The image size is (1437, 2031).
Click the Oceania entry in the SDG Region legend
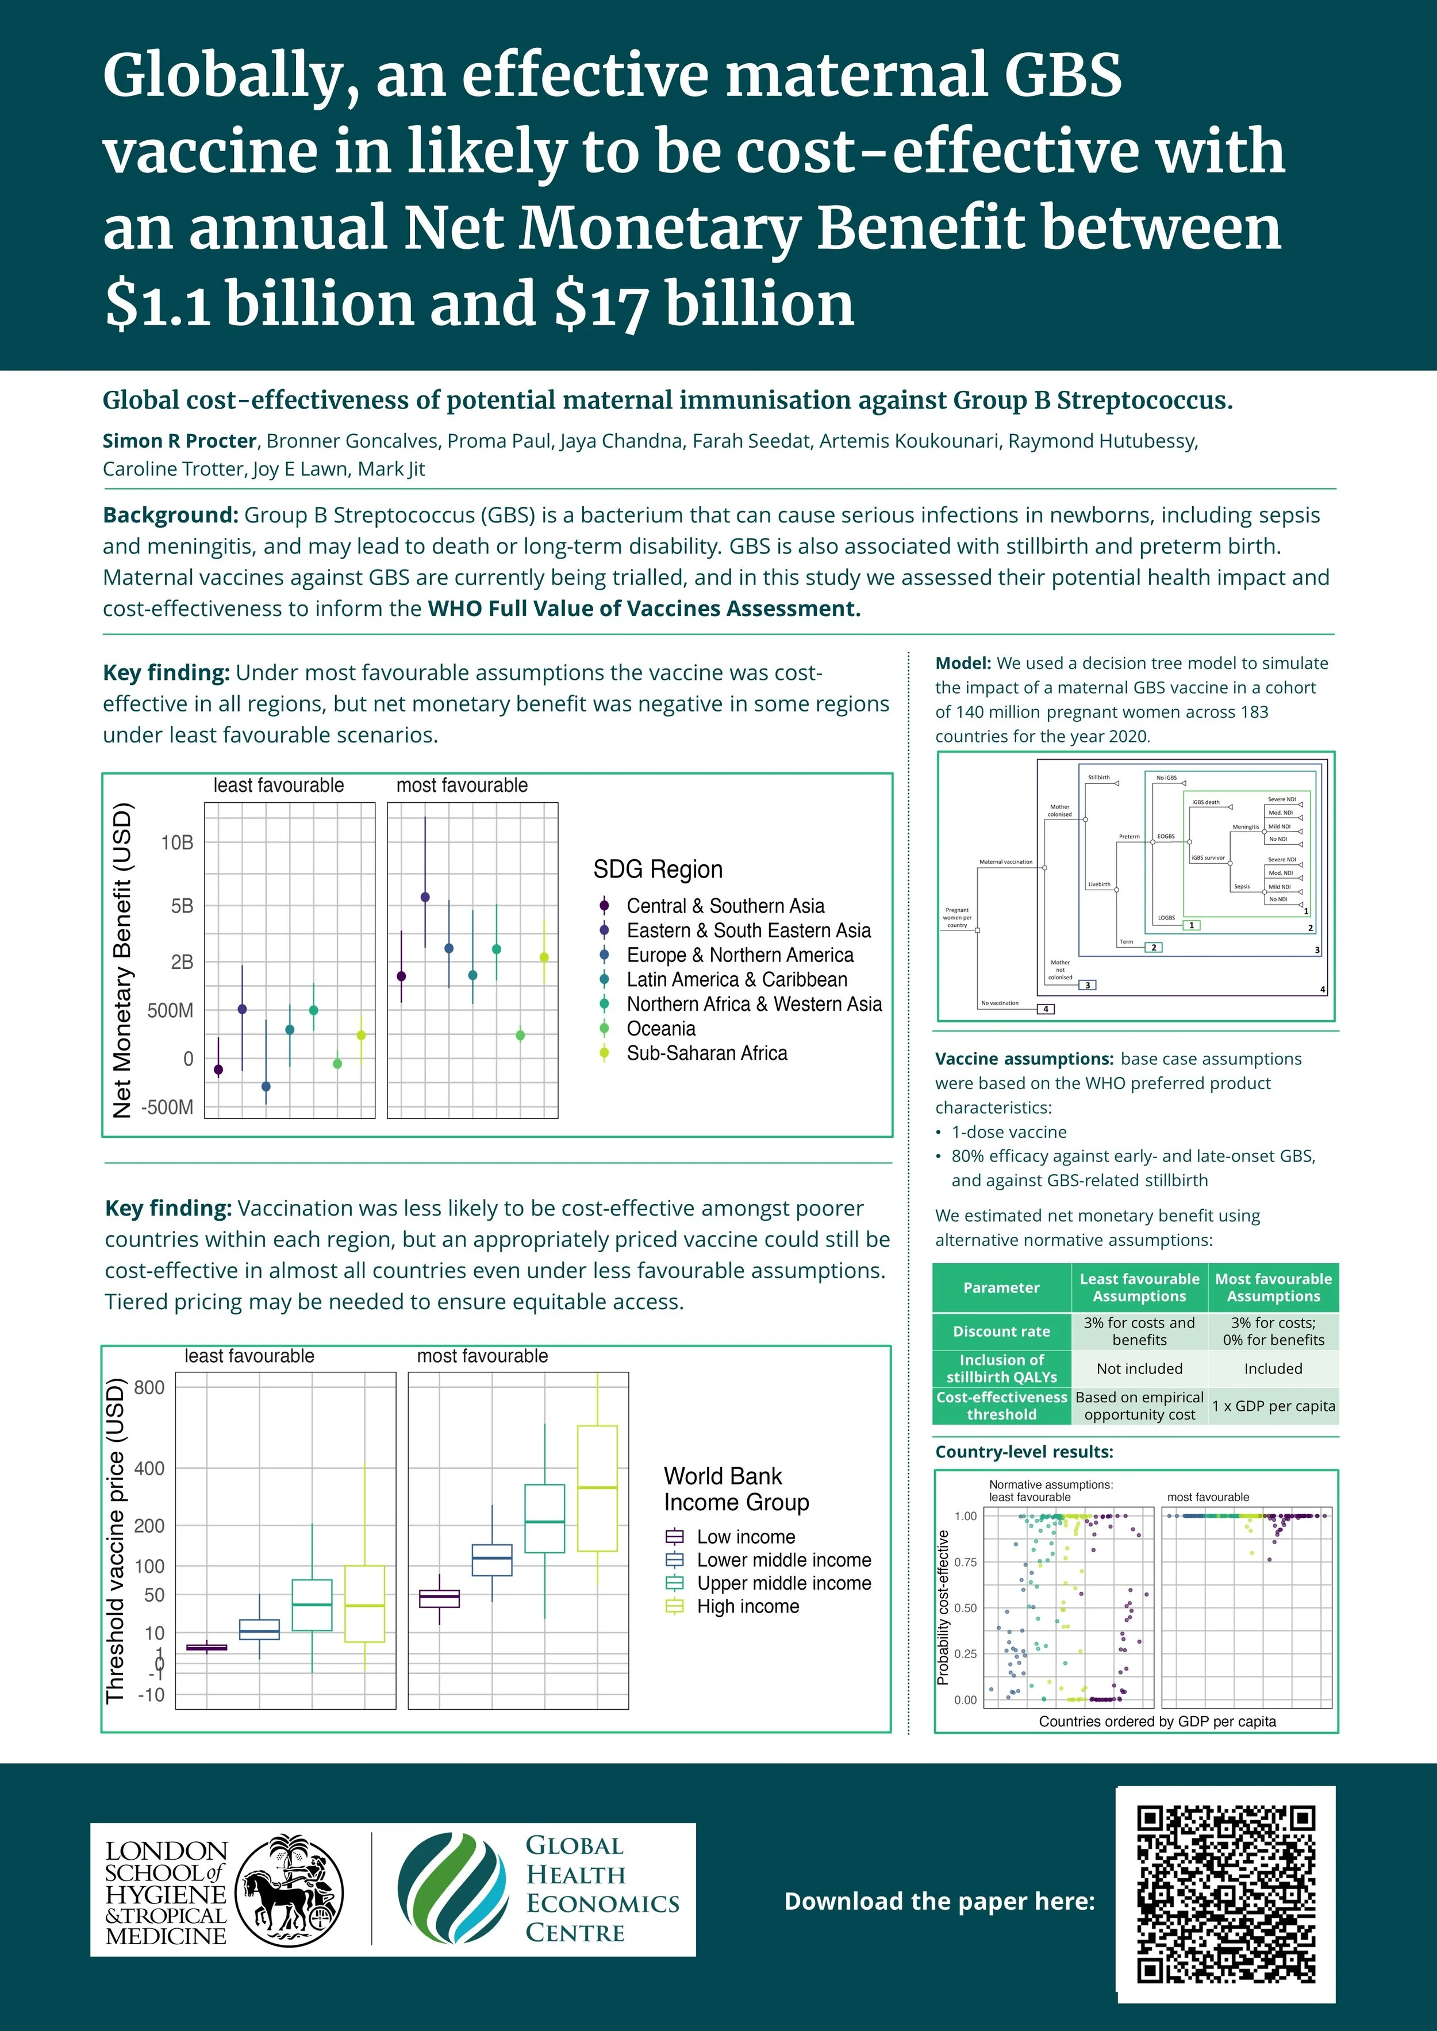click(x=660, y=1029)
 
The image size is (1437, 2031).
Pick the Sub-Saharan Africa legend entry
click(x=706, y=1053)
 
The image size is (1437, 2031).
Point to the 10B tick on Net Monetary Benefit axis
click(x=177, y=843)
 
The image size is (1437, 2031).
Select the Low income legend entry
click(x=745, y=1537)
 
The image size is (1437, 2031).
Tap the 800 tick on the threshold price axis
click(x=149, y=1387)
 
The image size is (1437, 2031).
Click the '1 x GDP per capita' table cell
click(x=1273, y=1406)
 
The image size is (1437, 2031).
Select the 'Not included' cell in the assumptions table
click(x=1139, y=1368)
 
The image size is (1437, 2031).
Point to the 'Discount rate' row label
click(x=1001, y=1331)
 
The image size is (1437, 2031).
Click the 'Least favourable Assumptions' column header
click(x=1139, y=1287)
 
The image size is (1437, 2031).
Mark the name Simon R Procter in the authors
click(x=179, y=441)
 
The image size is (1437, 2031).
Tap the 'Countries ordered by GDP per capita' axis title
click(x=1156, y=1721)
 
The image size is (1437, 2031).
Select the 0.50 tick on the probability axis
click(x=965, y=1608)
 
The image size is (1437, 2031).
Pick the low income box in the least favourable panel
click(x=206, y=1647)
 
